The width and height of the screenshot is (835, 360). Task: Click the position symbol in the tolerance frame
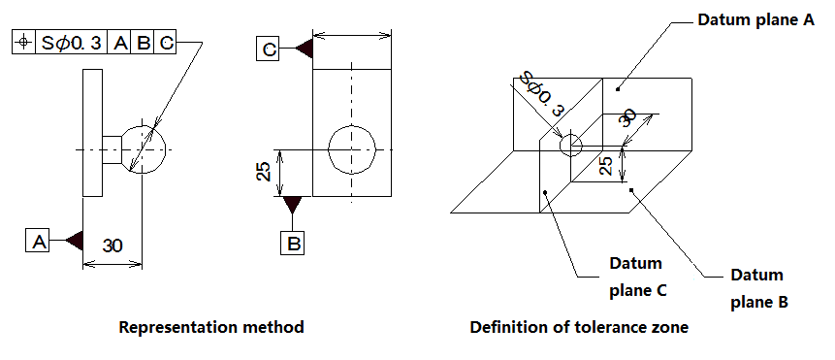tap(23, 43)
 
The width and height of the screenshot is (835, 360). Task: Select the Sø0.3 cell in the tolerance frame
tap(71, 43)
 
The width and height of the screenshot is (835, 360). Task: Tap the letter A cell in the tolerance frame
tap(120, 43)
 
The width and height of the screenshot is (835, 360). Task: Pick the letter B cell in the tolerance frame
tap(143, 43)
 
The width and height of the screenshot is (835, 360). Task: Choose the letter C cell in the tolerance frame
tap(165, 43)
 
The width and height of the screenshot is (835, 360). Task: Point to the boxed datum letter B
tap(292, 243)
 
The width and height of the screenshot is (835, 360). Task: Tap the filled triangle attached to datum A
tap(75, 241)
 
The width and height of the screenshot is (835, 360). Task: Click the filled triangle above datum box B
tap(292, 205)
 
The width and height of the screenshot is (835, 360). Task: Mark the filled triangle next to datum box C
tap(305, 49)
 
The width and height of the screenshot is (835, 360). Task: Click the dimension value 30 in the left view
tap(112, 245)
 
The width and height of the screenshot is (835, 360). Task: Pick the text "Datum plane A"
tap(756, 20)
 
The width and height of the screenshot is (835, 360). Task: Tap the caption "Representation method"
tap(211, 326)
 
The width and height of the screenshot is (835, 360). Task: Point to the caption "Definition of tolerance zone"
tap(579, 327)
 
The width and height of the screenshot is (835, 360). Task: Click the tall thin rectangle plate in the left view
tap(92, 133)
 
